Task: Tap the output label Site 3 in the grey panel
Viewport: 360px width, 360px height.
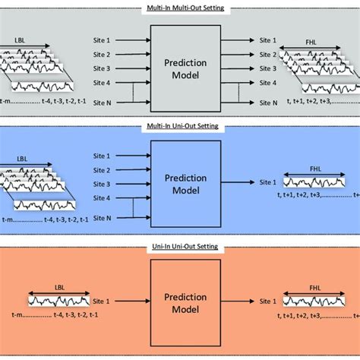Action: (x=270, y=68)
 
